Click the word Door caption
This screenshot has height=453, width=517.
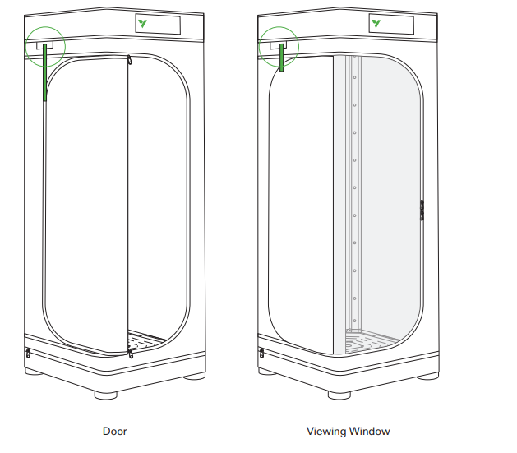coord(115,432)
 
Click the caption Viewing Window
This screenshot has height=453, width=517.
coord(349,432)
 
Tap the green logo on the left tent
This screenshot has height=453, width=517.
coord(143,23)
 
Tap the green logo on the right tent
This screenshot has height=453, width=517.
coord(376,23)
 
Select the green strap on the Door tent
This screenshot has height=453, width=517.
coord(45,72)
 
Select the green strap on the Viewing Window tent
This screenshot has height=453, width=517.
coord(282,58)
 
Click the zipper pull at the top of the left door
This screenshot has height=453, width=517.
coord(130,60)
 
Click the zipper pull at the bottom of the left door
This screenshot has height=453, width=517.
coord(131,354)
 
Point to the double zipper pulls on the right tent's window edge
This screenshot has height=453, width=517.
coord(422,210)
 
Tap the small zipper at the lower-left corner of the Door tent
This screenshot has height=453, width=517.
coord(28,353)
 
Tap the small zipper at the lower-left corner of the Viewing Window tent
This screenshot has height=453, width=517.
coord(262,353)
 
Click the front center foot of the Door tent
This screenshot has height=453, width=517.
coord(106,395)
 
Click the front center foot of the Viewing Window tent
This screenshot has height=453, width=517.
coord(339,395)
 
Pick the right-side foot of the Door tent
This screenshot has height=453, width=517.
coord(195,377)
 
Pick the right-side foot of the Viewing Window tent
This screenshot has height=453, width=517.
coord(428,377)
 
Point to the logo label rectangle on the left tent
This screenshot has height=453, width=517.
coord(158,24)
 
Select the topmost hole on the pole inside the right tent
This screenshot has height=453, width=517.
coord(355,77)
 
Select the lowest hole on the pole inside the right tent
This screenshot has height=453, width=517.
coord(355,321)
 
